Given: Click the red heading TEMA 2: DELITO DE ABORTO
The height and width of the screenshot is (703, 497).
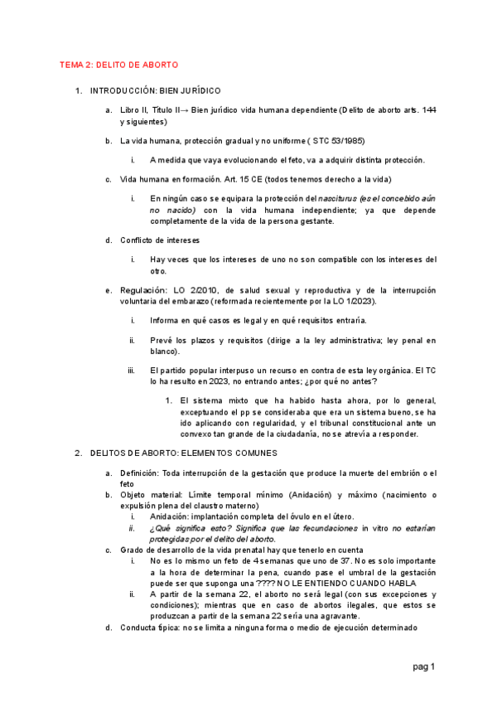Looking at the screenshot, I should point(118,65).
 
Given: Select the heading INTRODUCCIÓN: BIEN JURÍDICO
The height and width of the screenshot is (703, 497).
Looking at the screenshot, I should point(155,90).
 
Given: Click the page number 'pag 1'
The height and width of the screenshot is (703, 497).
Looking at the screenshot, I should point(424,667).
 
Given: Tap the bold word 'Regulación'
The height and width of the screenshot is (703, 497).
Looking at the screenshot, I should point(143,290).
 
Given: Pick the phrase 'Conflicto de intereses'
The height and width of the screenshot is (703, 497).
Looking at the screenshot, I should point(160,240).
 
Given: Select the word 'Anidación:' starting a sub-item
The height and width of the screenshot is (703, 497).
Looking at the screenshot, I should point(171,516).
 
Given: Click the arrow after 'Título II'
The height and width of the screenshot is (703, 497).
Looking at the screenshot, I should point(189,109).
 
